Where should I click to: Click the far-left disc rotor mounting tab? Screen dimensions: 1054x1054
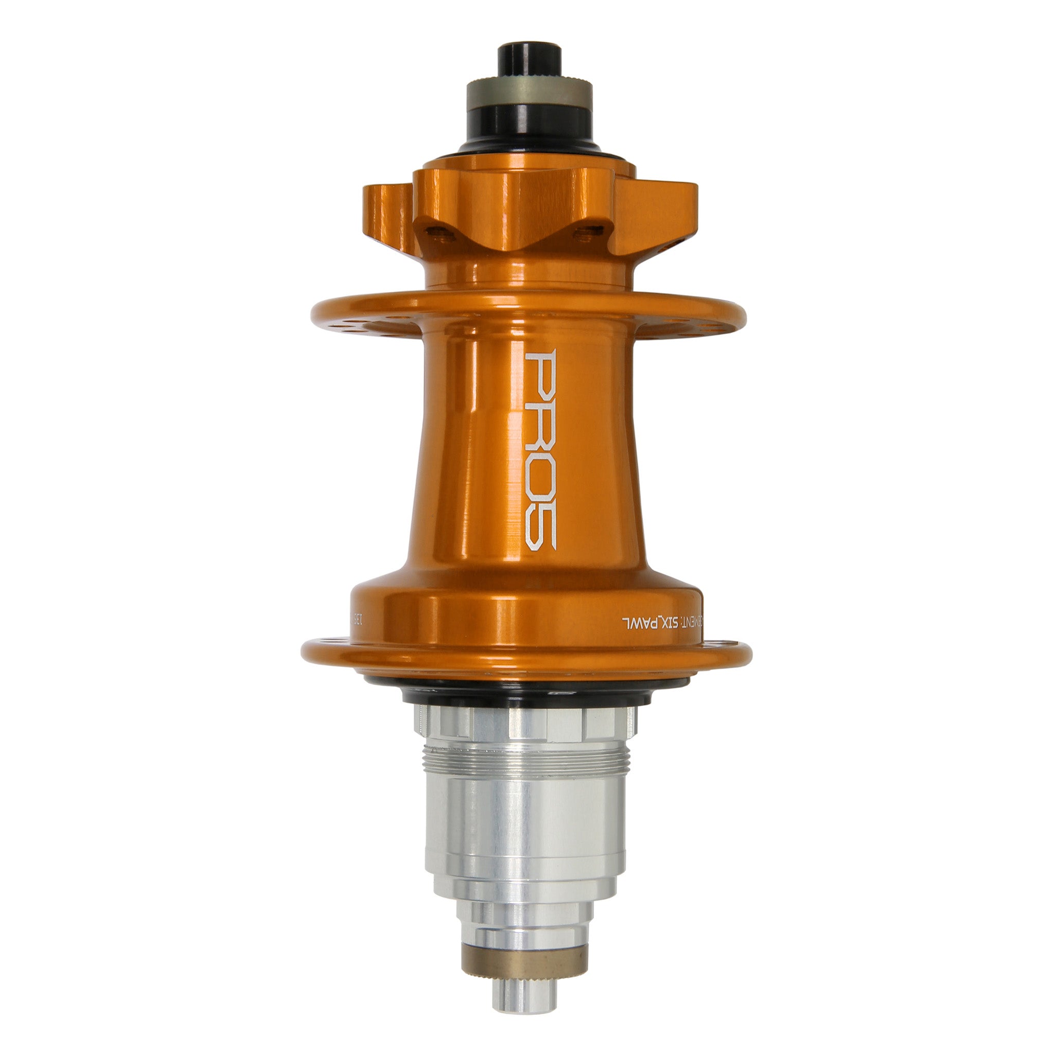coord(388,216)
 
